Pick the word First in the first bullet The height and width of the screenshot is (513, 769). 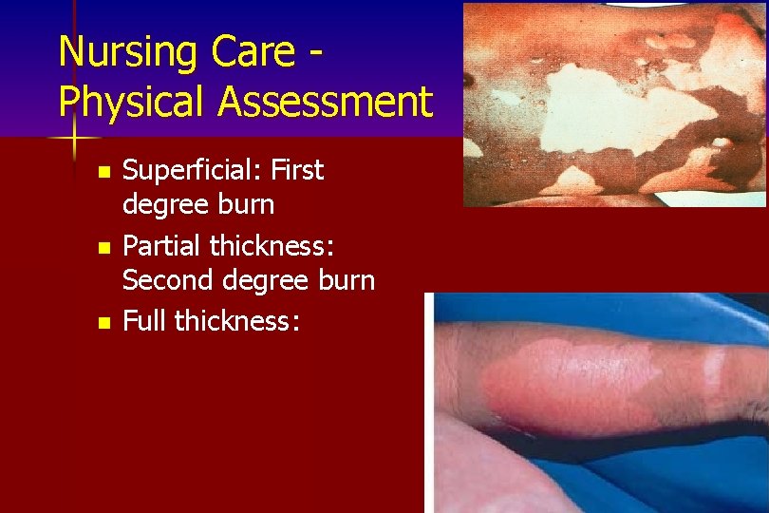coord(297,171)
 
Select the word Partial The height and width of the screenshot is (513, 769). coord(162,246)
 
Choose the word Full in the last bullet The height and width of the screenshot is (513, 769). coord(144,321)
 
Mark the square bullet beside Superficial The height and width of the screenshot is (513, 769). coord(103,173)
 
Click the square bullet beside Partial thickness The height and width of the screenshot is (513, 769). coord(103,248)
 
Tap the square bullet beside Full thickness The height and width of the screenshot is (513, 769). coord(103,323)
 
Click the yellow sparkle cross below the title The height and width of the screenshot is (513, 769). coord(74,142)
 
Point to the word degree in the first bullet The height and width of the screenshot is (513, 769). coord(166,205)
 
